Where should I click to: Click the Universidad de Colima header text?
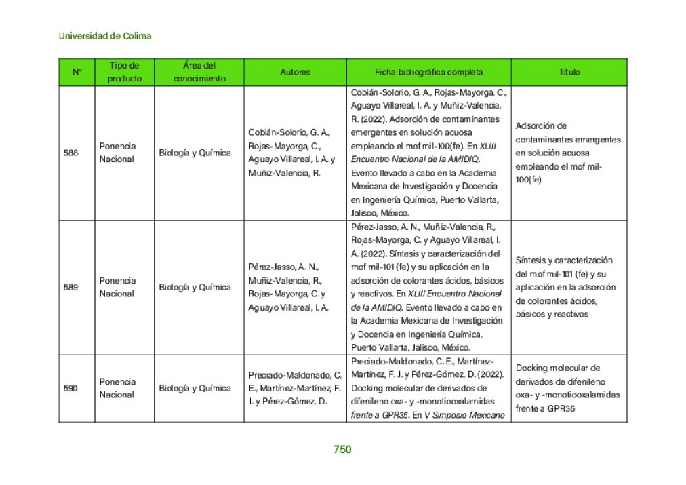105,36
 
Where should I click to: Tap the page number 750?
342,449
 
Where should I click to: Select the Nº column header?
77,72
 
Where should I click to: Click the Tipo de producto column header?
125,72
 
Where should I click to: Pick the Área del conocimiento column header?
199,72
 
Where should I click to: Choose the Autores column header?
295,72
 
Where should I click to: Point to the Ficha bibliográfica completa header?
428,72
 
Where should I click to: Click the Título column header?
569,72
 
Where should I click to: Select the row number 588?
70,153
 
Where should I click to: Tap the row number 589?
70,287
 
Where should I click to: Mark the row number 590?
70,388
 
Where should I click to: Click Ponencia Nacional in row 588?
117,153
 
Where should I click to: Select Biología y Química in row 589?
195,287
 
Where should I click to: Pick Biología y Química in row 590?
195,388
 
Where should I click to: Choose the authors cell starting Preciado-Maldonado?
294,388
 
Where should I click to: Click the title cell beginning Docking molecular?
567,388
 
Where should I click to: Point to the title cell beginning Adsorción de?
567,153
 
